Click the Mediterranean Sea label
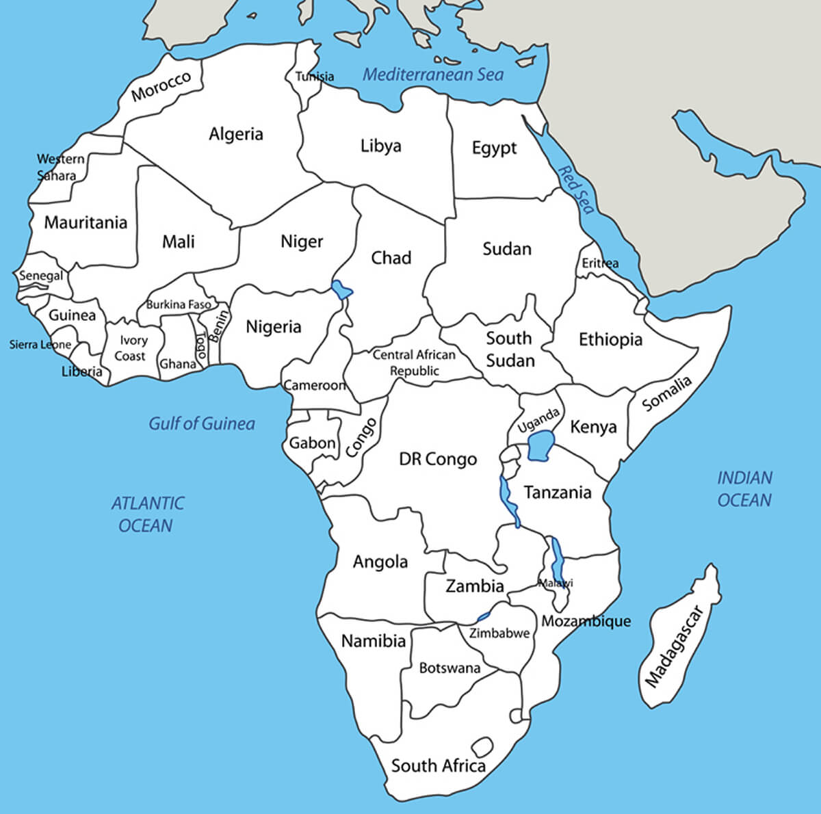pos(432,75)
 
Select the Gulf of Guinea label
pos(202,424)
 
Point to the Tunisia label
pos(315,77)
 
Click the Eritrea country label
pos(600,263)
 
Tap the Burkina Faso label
pos(179,304)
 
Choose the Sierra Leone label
pos(40,345)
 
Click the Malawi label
pos(556,583)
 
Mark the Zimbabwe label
pos(499,633)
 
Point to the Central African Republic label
pos(414,363)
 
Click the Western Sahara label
pos(60,167)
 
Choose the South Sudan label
pos(510,349)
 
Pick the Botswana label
pos(449,668)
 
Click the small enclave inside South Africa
pos(482,747)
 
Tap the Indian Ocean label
pos(744,488)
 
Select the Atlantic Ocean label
pos(147,514)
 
